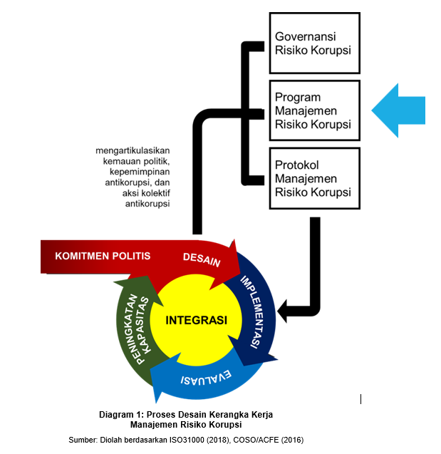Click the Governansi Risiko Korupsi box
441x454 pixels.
coord(313,43)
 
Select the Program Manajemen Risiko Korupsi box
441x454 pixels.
coord(313,110)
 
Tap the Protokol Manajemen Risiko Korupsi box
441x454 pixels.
coord(313,178)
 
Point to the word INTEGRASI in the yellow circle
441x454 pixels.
coord(197,320)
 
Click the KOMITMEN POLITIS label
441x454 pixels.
coord(103,256)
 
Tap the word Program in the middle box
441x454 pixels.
coord(298,98)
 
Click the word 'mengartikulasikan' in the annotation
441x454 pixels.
coord(137,150)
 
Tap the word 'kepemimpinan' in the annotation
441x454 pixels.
coord(144,172)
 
